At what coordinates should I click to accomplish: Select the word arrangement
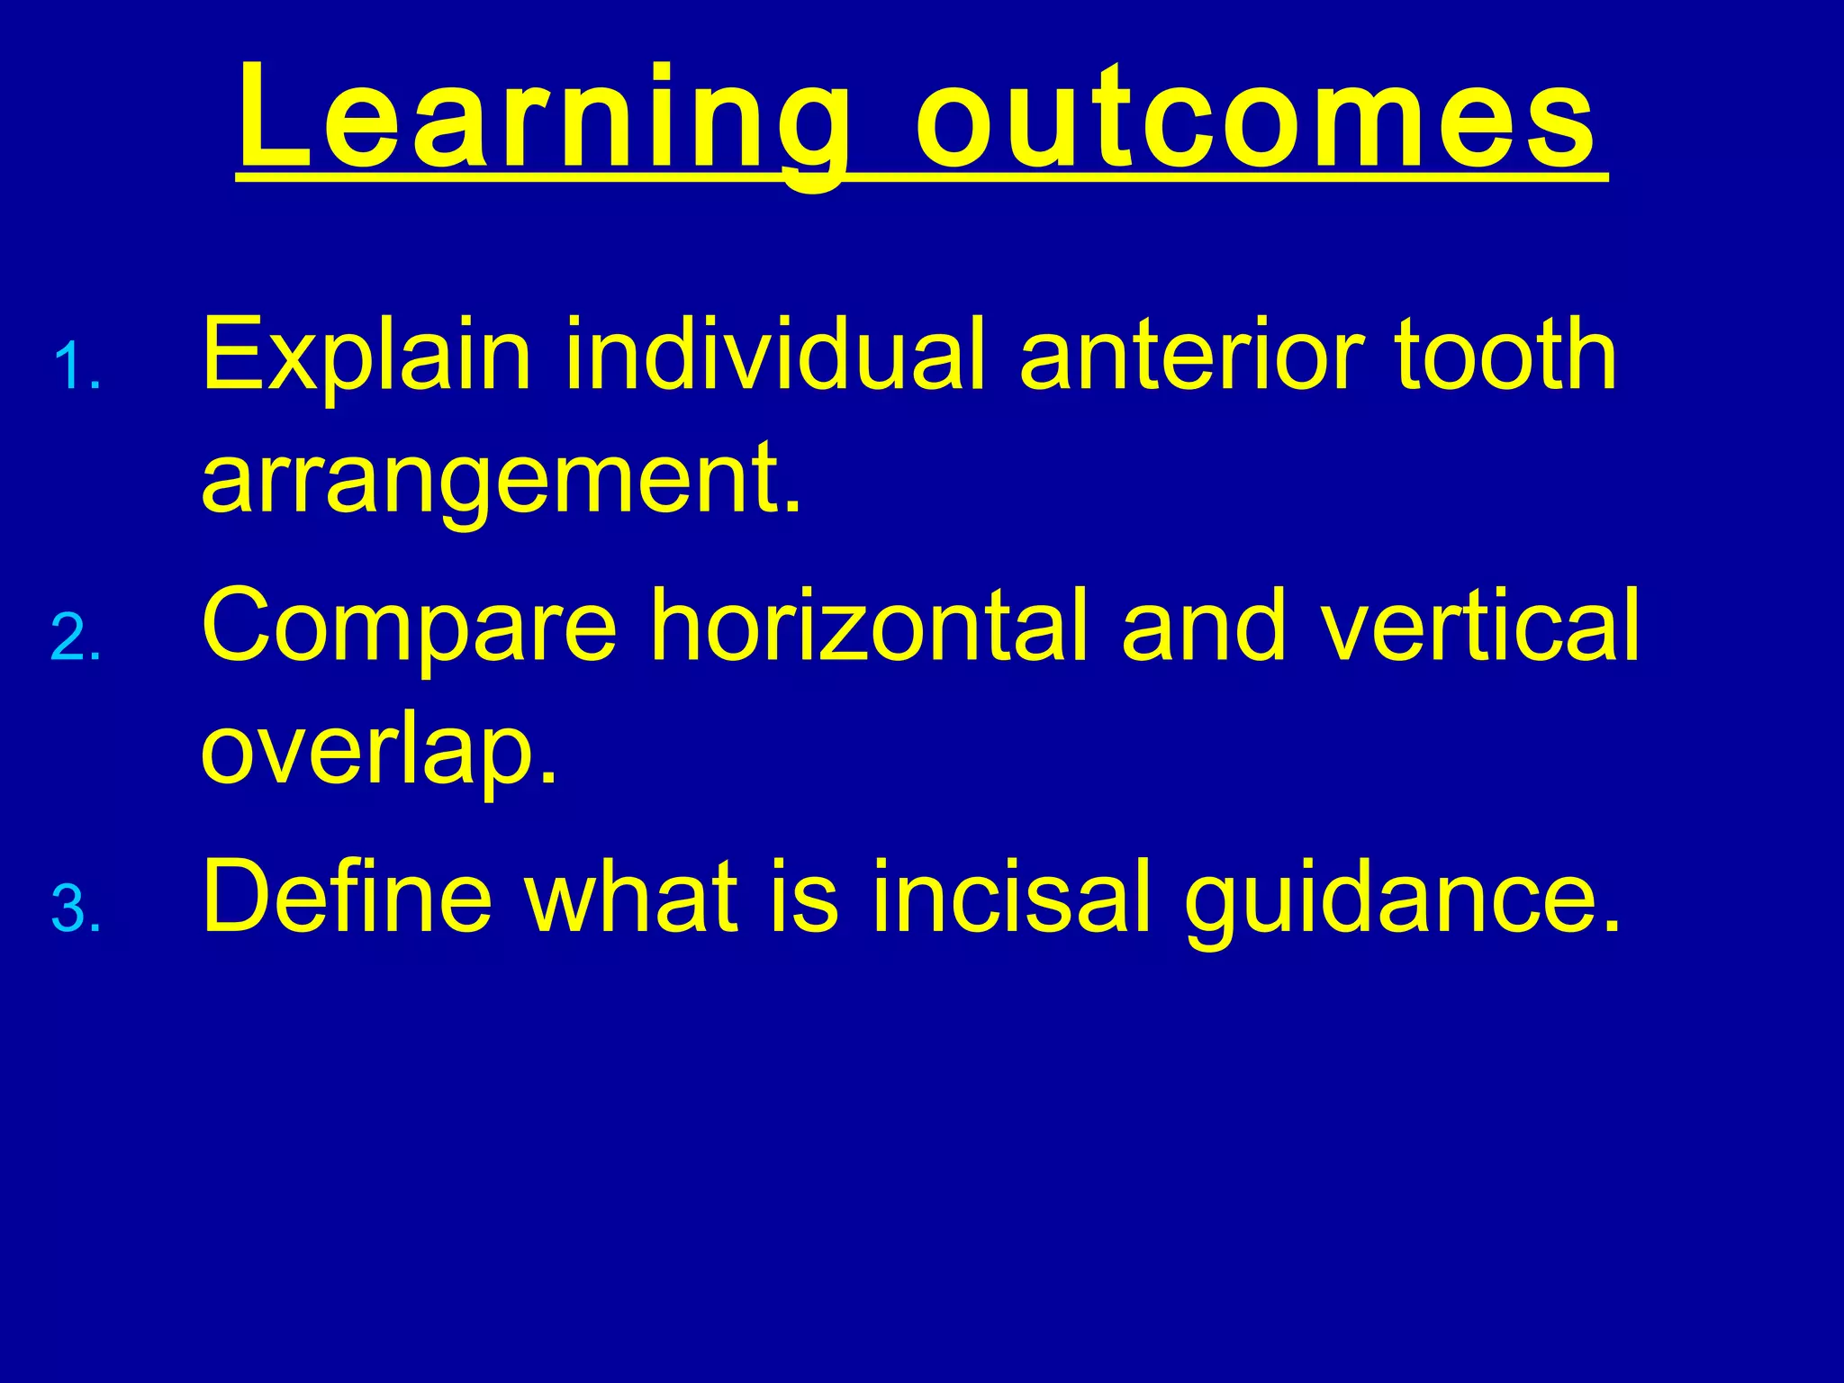pyautogui.click(x=501, y=482)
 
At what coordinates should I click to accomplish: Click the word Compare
pyautogui.click(x=410, y=626)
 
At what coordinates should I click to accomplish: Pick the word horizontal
pyautogui.click(x=870, y=626)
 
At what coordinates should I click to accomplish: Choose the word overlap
pyautogui.click(x=378, y=752)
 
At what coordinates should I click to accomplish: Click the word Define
pyautogui.click(x=348, y=896)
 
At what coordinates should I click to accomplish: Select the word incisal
pyautogui.click(x=1012, y=896)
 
